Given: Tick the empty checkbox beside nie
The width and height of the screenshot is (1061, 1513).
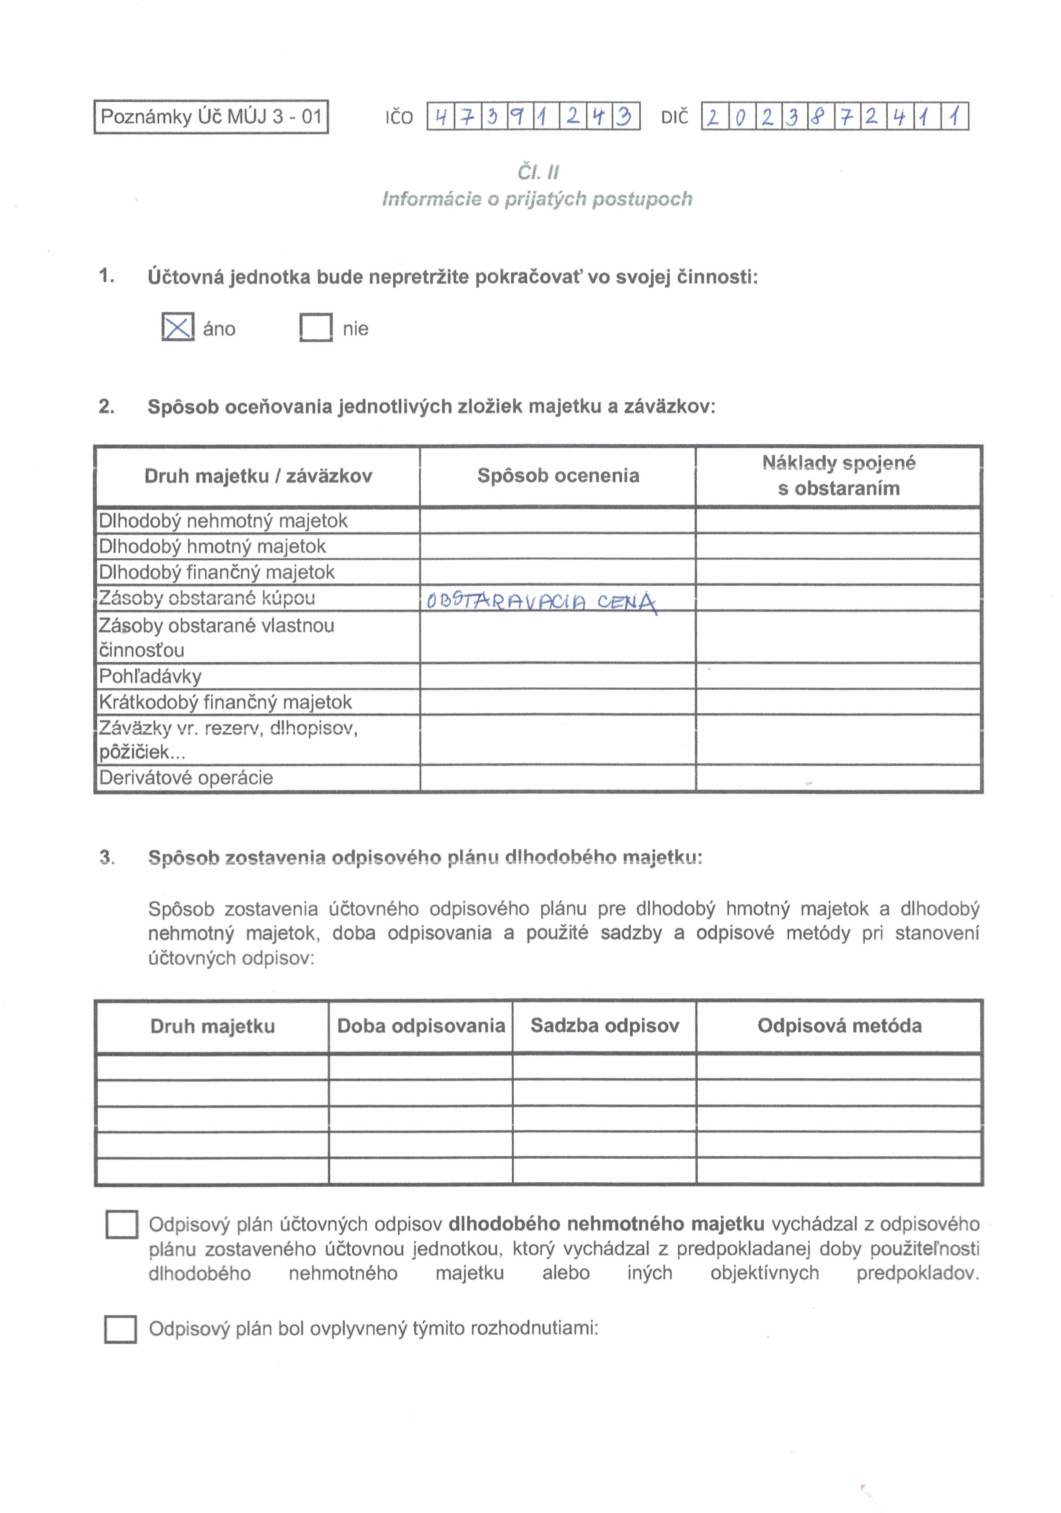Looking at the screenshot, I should pos(316,328).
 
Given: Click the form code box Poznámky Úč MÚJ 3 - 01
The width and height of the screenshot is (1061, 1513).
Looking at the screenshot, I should pos(211,117).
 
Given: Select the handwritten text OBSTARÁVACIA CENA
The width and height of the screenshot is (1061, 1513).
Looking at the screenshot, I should pos(541,602).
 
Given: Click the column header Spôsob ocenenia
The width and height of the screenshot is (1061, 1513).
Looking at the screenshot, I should pos(558,476).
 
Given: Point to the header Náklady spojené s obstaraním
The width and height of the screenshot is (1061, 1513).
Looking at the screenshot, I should pos(838,476).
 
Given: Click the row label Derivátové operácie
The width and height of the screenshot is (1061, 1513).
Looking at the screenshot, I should pos(186,778).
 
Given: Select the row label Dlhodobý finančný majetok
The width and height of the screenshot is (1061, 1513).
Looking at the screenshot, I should pos(217,572).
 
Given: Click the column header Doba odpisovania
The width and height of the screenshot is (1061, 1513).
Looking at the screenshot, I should pos(421,1026).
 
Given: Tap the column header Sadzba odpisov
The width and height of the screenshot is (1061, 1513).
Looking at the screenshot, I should pos(604,1026).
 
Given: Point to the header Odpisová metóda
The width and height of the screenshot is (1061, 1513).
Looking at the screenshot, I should pos(839,1026).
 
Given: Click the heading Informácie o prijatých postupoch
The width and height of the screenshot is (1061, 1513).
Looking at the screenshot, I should pos(537,199).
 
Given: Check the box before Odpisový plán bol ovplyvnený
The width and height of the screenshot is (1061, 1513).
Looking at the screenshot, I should pos(121,1329).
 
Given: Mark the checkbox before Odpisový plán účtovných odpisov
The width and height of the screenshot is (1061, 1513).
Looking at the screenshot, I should pos(122,1225).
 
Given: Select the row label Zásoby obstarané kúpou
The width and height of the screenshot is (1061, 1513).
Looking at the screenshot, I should pos(207,598).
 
